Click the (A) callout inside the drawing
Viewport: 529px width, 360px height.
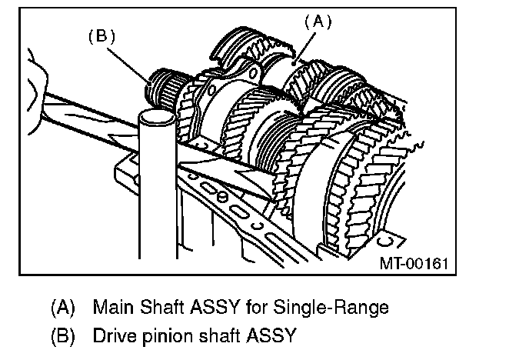click(317, 22)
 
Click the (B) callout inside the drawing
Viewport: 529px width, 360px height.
click(101, 37)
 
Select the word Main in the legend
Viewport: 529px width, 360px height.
click(112, 308)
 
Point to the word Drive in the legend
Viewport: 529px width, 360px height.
click(114, 336)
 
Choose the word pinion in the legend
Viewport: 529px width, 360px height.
click(166, 337)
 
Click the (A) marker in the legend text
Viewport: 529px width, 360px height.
click(62, 308)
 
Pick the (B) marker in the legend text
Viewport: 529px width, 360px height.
click(62, 336)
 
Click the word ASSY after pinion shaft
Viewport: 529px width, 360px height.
click(269, 336)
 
